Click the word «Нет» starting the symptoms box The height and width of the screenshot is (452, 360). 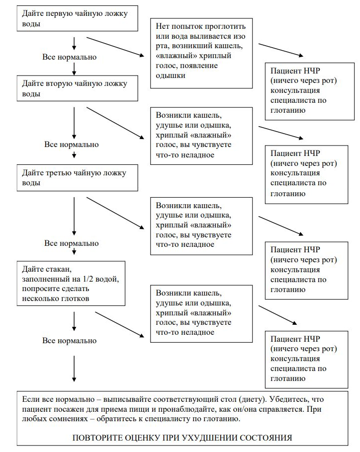click(162, 26)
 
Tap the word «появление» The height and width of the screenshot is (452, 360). click(199, 66)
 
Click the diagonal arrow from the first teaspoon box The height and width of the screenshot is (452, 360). click(115, 46)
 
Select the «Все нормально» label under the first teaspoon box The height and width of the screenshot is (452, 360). click(70, 57)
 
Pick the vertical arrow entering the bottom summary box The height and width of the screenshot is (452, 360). click(74, 369)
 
